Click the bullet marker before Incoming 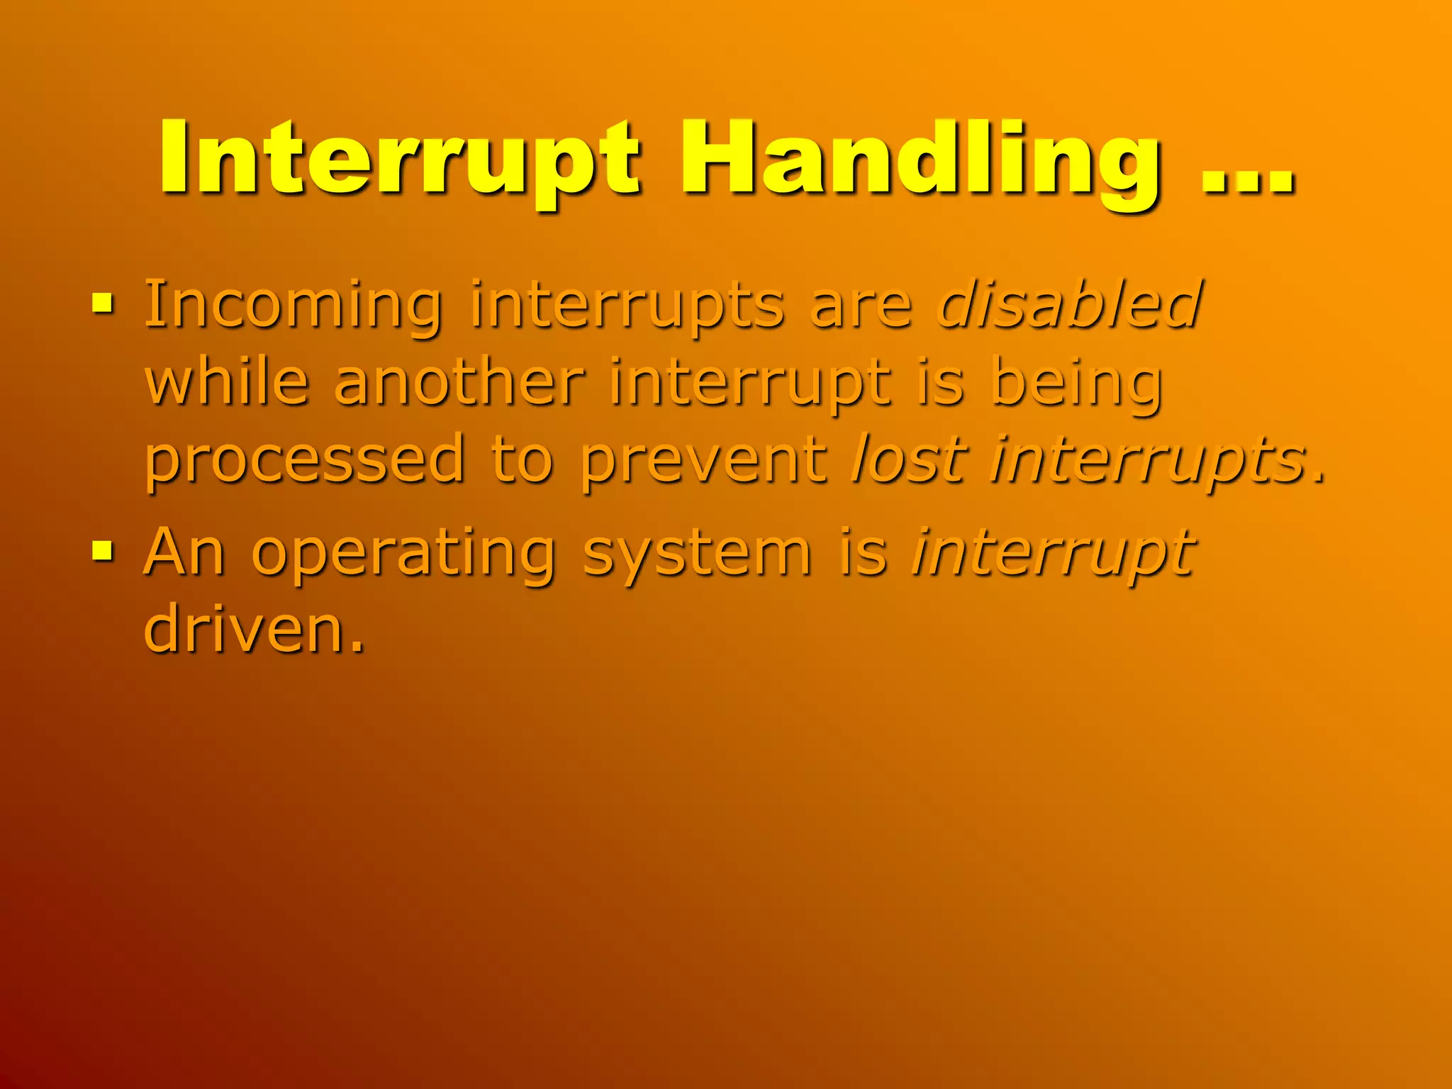(103, 305)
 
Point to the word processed (305, 461)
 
